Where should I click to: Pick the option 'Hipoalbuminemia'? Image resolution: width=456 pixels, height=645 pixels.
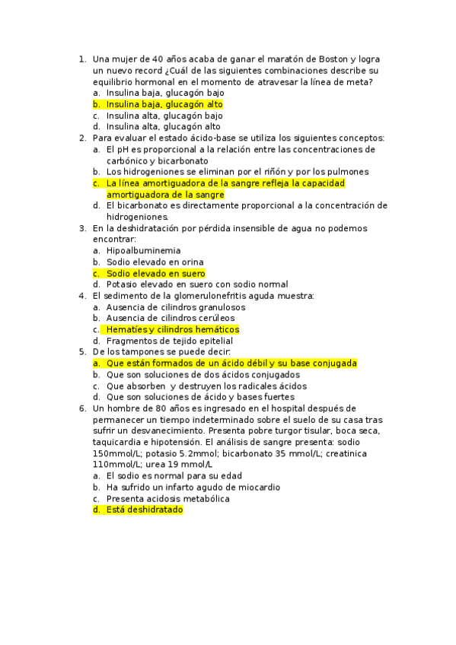pyautogui.click(x=144, y=250)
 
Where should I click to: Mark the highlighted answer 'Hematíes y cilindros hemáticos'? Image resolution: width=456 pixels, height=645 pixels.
pyautogui.click(x=173, y=329)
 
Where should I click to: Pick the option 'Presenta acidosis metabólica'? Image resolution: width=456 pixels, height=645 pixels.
pyautogui.click(x=168, y=499)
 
